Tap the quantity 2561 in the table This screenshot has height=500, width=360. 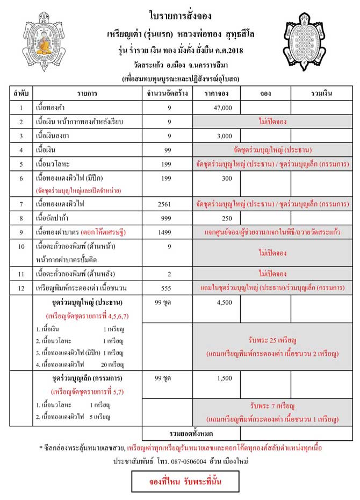tap(168, 204)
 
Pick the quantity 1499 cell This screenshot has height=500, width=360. tap(168, 232)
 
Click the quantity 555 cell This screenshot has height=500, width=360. tap(168, 288)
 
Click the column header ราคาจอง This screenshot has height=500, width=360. tap(217, 94)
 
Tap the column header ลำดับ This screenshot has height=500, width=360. tap(21, 94)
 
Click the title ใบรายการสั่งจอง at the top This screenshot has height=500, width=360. tap(179, 12)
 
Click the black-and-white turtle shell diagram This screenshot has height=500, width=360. tap(307, 43)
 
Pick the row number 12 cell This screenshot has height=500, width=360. tap(21, 288)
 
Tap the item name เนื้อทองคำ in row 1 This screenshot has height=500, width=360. tap(52, 108)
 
